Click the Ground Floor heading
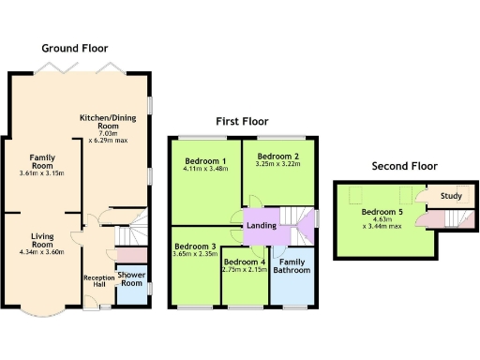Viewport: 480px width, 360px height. tap(74, 48)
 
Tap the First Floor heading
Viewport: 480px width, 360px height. tap(242, 122)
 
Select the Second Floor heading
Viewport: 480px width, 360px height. tap(404, 166)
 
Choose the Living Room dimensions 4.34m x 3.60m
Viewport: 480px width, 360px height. tap(40, 250)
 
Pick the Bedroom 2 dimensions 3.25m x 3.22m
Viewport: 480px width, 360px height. tap(277, 165)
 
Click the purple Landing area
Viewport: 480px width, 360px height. tap(261, 225)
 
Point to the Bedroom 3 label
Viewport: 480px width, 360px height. tap(194, 247)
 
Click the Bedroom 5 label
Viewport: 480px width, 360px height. tap(383, 211)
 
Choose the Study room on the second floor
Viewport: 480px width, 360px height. tap(451, 196)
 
